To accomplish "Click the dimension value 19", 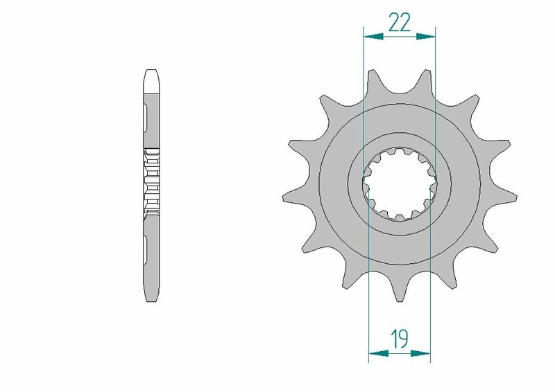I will (x=399, y=339).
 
